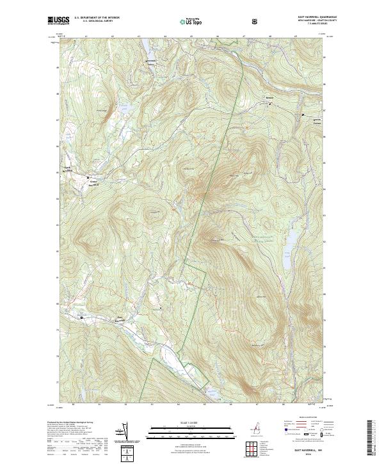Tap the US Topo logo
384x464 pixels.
click(191, 22)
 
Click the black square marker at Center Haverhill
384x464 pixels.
click(88, 177)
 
